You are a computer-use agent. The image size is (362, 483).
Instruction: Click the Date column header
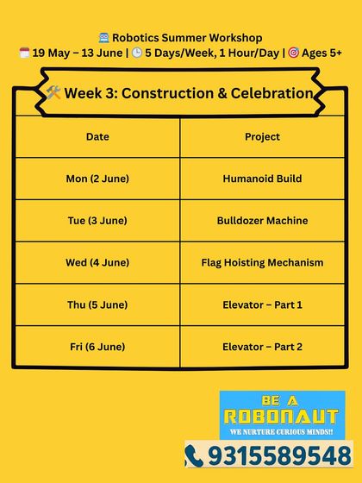tap(97, 137)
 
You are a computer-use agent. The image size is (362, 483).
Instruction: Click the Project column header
tap(262, 137)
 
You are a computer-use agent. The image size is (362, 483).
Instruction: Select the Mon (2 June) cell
tap(97, 179)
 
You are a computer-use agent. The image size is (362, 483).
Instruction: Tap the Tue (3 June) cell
tap(97, 221)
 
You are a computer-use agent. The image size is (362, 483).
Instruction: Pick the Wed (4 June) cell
tap(97, 262)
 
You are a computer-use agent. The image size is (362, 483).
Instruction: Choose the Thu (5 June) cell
tap(97, 304)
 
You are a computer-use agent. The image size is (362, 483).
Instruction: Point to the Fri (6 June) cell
tap(97, 347)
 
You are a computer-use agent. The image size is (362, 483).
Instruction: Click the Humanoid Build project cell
tap(262, 179)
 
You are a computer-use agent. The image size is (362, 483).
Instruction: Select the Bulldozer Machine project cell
tap(262, 221)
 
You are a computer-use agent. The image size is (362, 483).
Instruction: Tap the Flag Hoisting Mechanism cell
tap(262, 262)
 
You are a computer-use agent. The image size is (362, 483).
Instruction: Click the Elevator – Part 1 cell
tap(262, 304)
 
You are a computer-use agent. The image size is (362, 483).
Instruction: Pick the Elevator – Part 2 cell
tap(262, 347)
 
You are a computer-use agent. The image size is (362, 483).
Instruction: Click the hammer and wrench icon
tap(54, 93)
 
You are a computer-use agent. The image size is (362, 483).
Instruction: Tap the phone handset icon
tap(194, 455)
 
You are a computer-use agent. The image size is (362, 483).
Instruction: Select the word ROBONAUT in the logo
tap(282, 417)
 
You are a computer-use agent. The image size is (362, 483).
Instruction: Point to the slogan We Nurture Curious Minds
tap(282, 430)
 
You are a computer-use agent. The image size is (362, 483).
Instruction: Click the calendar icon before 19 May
tap(24, 53)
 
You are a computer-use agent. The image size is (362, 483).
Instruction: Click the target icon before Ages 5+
tap(293, 53)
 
